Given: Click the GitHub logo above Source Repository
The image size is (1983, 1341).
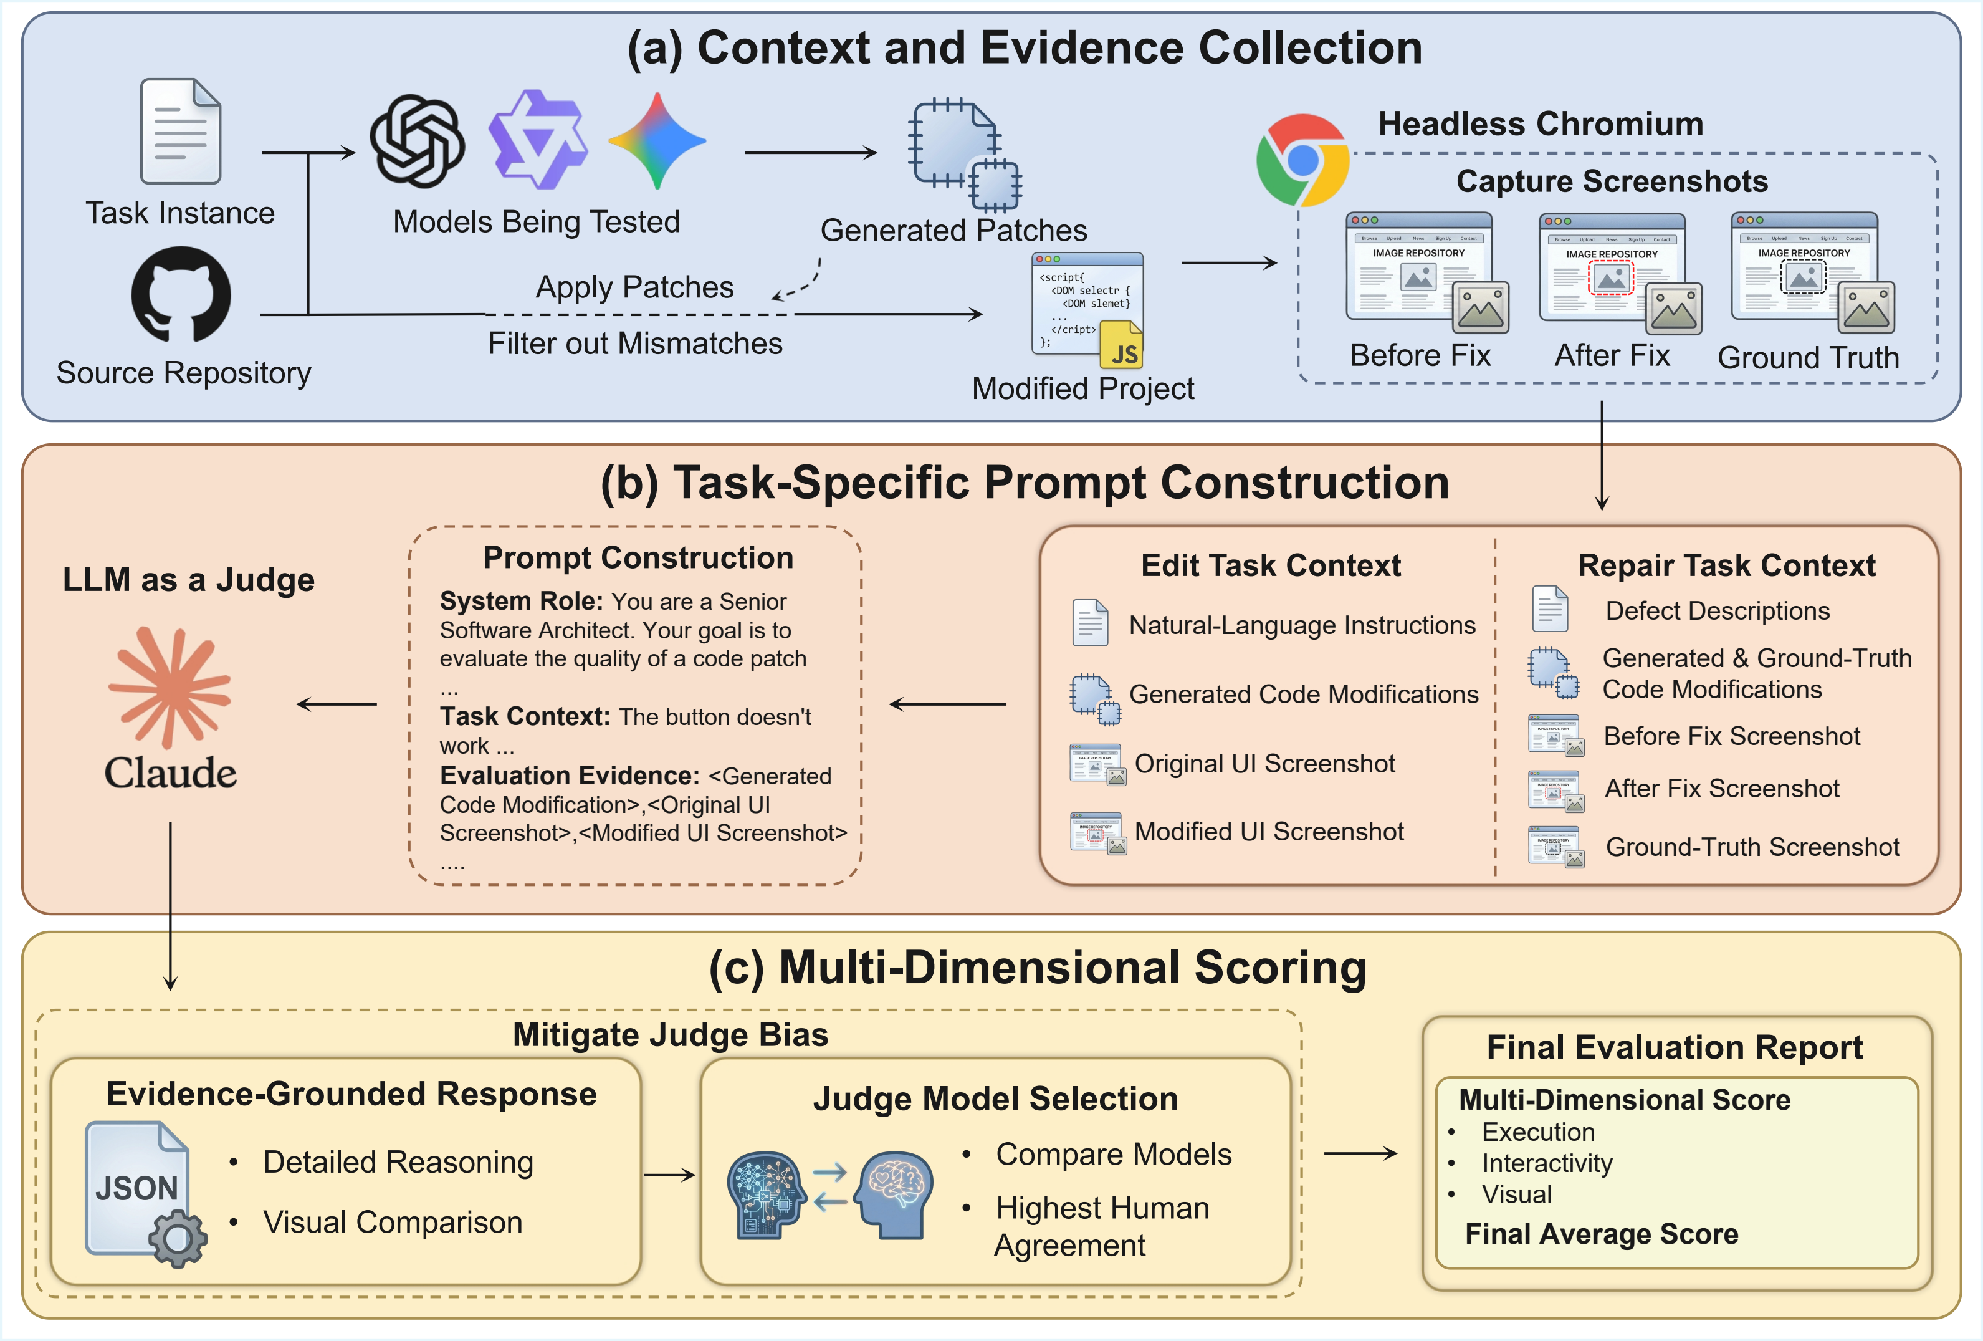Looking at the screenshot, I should pyautogui.click(x=181, y=294).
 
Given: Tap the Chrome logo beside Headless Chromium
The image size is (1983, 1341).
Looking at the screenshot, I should pyautogui.click(x=1302, y=160).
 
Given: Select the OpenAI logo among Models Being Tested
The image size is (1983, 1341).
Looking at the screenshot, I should pyautogui.click(x=418, y=141).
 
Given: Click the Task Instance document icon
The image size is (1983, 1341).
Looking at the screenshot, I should pyautogui.click(x=180, y=132).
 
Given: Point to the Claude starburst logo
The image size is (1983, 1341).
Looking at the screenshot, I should pyautogui.click(x=170, y=686).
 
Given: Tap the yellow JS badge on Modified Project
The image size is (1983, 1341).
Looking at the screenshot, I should pyautogui.click(x=1121, y=347).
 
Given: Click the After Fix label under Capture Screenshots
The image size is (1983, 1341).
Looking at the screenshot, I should pyautogui.click(x=1611, y=355).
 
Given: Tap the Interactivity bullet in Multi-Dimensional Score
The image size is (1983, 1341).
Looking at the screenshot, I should pyautogui.click(x=1546, y=1163).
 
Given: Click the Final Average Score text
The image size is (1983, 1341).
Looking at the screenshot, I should pyautogui.click(x=1601, y=1234).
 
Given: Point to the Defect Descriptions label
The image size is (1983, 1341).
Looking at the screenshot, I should pyautogui.click(x=1717, y=611).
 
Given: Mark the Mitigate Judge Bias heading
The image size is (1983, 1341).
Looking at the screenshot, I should pyautogui.click(x=670, y=1034).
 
